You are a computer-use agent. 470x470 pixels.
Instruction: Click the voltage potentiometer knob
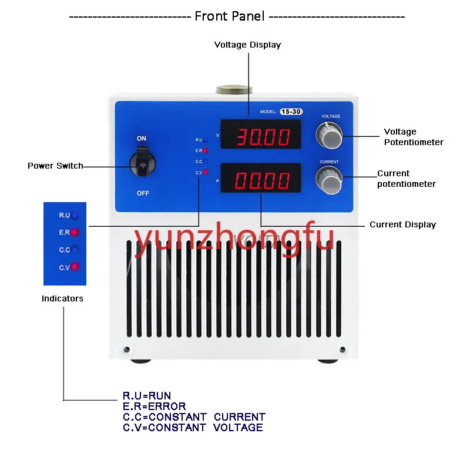point(329,137)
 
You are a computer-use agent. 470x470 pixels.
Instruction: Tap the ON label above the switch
point(142,139)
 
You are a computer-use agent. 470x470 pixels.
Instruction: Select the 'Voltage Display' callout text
point(247,45)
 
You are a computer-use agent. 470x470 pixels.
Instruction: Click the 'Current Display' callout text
point(402,224)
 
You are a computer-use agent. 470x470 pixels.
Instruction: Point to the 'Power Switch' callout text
point(55,166)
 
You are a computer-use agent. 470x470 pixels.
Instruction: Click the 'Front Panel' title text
point(230,16)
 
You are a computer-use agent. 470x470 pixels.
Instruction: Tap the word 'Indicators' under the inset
point(62,298)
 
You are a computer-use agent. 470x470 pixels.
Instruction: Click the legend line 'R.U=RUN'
point(147,396)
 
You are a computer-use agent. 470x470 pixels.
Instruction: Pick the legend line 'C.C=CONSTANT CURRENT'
point(194,417)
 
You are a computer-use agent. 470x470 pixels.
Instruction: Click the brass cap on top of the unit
point(234,90)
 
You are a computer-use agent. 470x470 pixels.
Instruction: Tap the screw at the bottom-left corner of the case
point(127,349)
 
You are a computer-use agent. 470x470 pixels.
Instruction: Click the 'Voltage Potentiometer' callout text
point(414,137)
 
